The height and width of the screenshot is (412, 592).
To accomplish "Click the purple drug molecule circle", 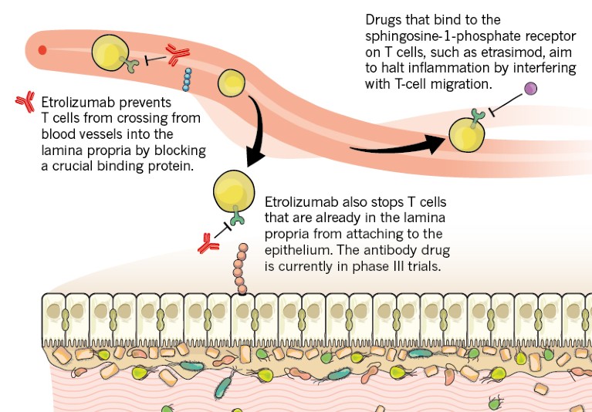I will click(531, 89).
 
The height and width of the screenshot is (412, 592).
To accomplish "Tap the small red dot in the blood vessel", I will click(42, 50).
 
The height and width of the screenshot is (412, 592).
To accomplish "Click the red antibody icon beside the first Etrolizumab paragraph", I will click(25, 100).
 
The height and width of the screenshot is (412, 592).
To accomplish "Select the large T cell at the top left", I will click(110, 53).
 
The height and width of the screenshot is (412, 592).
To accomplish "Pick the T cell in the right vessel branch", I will click(467, 136).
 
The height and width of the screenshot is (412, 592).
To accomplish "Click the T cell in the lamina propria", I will click(231, 191).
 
